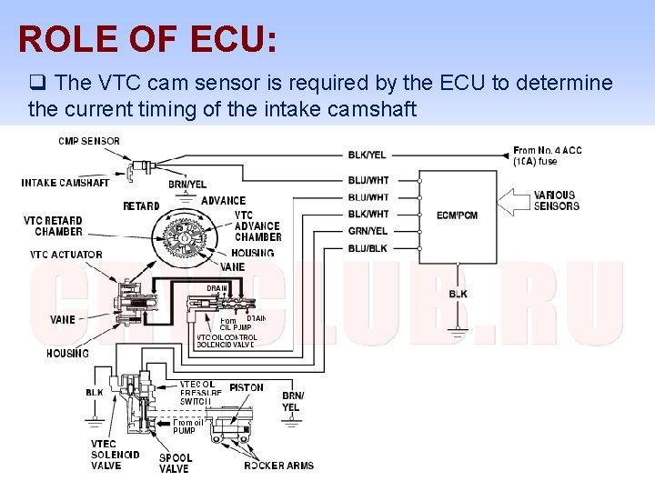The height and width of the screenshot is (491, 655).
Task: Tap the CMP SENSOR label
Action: [89, 141]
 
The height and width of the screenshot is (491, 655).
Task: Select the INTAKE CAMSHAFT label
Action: [65, 183]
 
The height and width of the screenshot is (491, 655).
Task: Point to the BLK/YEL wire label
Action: [368, 155]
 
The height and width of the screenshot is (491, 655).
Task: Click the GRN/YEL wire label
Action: [368, 231]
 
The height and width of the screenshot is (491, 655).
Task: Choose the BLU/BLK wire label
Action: [368, 247]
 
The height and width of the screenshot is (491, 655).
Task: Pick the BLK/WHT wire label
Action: [368, 214]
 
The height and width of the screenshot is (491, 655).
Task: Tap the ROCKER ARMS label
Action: [278, 466]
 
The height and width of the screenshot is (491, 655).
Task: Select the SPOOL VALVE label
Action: [174, 464]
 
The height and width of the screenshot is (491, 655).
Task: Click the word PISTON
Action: [247, 387]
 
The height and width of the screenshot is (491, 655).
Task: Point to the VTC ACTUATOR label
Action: [66, 255]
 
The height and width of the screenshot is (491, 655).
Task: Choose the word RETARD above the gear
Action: [141, 206]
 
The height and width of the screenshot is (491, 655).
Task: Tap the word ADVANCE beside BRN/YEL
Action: [223, 200]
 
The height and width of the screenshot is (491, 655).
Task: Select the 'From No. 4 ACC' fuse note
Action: [548, 155]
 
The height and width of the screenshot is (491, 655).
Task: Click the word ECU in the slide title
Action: [231, 39]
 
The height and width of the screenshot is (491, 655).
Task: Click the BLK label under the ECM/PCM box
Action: [458, 294]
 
